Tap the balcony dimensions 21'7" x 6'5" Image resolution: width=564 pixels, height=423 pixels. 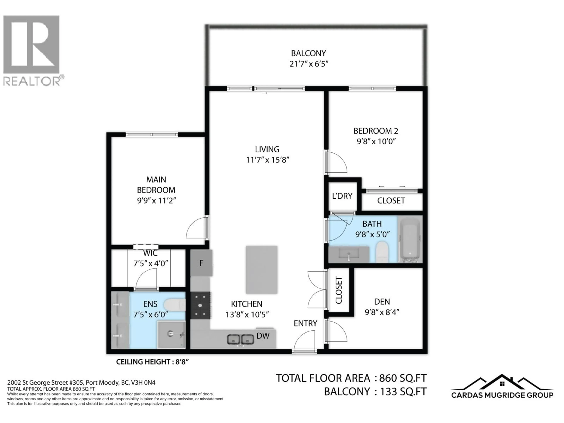point(309,64)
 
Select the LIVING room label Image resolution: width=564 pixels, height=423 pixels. point(267,149)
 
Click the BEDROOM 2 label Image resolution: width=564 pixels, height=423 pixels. point(376,131)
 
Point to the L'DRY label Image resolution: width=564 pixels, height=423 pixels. point(342,196)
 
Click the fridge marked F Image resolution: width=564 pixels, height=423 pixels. point(201,263)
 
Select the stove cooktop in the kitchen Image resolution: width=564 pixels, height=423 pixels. point(200,305)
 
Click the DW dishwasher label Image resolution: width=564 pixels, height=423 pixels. point(263,336)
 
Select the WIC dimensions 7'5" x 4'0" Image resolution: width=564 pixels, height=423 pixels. point(151,263)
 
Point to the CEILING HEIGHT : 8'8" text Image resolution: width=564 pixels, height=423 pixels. point(152,362)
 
